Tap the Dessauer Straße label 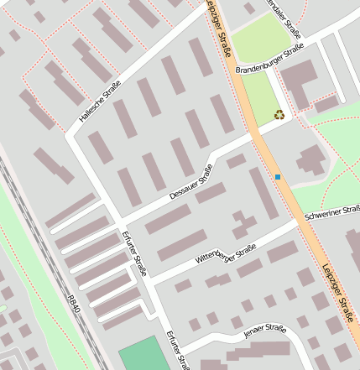pyautogui.click(x=191, y=181)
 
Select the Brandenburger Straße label pyautogui.click(x=269, y=60)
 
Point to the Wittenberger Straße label pyautogui.click(x=225, y=253)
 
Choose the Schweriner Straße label pyautogui.click(x=333, y=212)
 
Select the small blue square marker pyautogui.click(x=277, y=177)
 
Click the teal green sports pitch pyautogui.click(x=139, y=353)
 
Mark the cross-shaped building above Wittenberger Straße pyautogui.click(x=244, y=224)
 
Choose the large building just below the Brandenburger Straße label pyautogui.click(x=298, y=81)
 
